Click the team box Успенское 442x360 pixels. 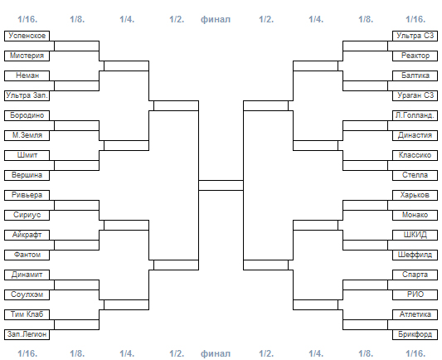(x=27, y=36)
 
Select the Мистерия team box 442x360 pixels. (x=27, y=56)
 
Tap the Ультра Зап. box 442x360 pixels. (x=27, y=95)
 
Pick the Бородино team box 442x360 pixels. (x=27, y=115)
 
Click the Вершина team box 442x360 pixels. (x=27, y=175)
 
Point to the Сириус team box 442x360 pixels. (x=27, y=215)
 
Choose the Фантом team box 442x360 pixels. (x=27, y=255)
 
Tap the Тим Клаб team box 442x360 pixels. (x=27, y=314)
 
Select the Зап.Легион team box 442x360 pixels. (x=27, y=334)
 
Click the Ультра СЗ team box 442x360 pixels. (x=415, y=36)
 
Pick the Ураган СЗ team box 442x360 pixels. (x=415, y=95)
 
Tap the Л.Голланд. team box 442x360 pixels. (x=415, y=115)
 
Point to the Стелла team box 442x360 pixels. (x=415, y=175)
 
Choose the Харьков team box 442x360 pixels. (x=415, y=195)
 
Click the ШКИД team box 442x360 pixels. (x=415, y=235)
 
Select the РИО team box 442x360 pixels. (x=415, y=294)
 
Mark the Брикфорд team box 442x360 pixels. (x=415, y=334)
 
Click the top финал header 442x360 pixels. (x=216, y=19)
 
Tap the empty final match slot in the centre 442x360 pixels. (x=221, y=185)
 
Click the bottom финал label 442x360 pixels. (x=216, y=353)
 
